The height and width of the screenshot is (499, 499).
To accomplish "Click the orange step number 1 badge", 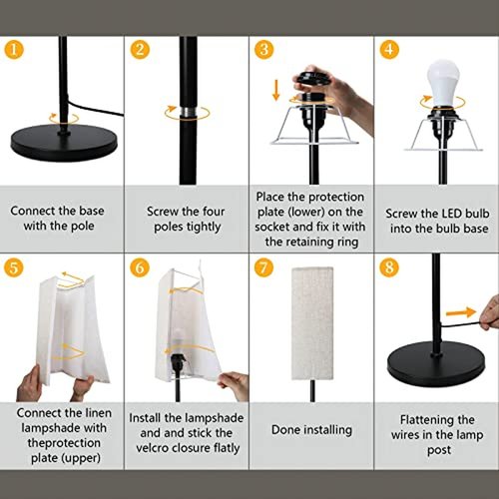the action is click(x=14, y=50).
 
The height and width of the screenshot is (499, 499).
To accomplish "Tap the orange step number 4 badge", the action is click(x=389, y=50).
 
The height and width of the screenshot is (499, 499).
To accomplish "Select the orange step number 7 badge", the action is click(x=263, y=267).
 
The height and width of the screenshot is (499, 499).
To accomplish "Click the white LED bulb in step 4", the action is click(x=443, y=83).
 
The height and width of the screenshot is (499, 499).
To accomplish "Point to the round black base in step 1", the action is click(x=64, y=143).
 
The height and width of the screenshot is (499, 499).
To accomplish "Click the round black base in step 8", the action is click(x=436, y=364).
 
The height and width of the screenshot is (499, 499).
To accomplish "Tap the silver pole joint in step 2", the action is click(x=188, y=112).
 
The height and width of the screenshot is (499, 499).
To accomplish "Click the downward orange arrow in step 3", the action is click(x=275, y=90).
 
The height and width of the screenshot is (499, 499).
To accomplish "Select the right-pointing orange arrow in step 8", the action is click(x=461, y=312).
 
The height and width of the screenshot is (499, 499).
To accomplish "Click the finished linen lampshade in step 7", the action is click(x=312, y=323).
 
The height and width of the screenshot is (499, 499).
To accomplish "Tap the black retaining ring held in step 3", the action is click(x=312, y=79).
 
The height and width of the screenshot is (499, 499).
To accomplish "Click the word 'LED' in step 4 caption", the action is click(x=452, y=214).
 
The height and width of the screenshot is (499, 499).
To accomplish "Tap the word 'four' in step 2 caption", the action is click(x=214, y=212).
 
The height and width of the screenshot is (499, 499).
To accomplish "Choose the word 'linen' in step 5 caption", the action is click(x=97, y=413).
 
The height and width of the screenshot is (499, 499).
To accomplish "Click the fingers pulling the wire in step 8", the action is click(x=490, y=312).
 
